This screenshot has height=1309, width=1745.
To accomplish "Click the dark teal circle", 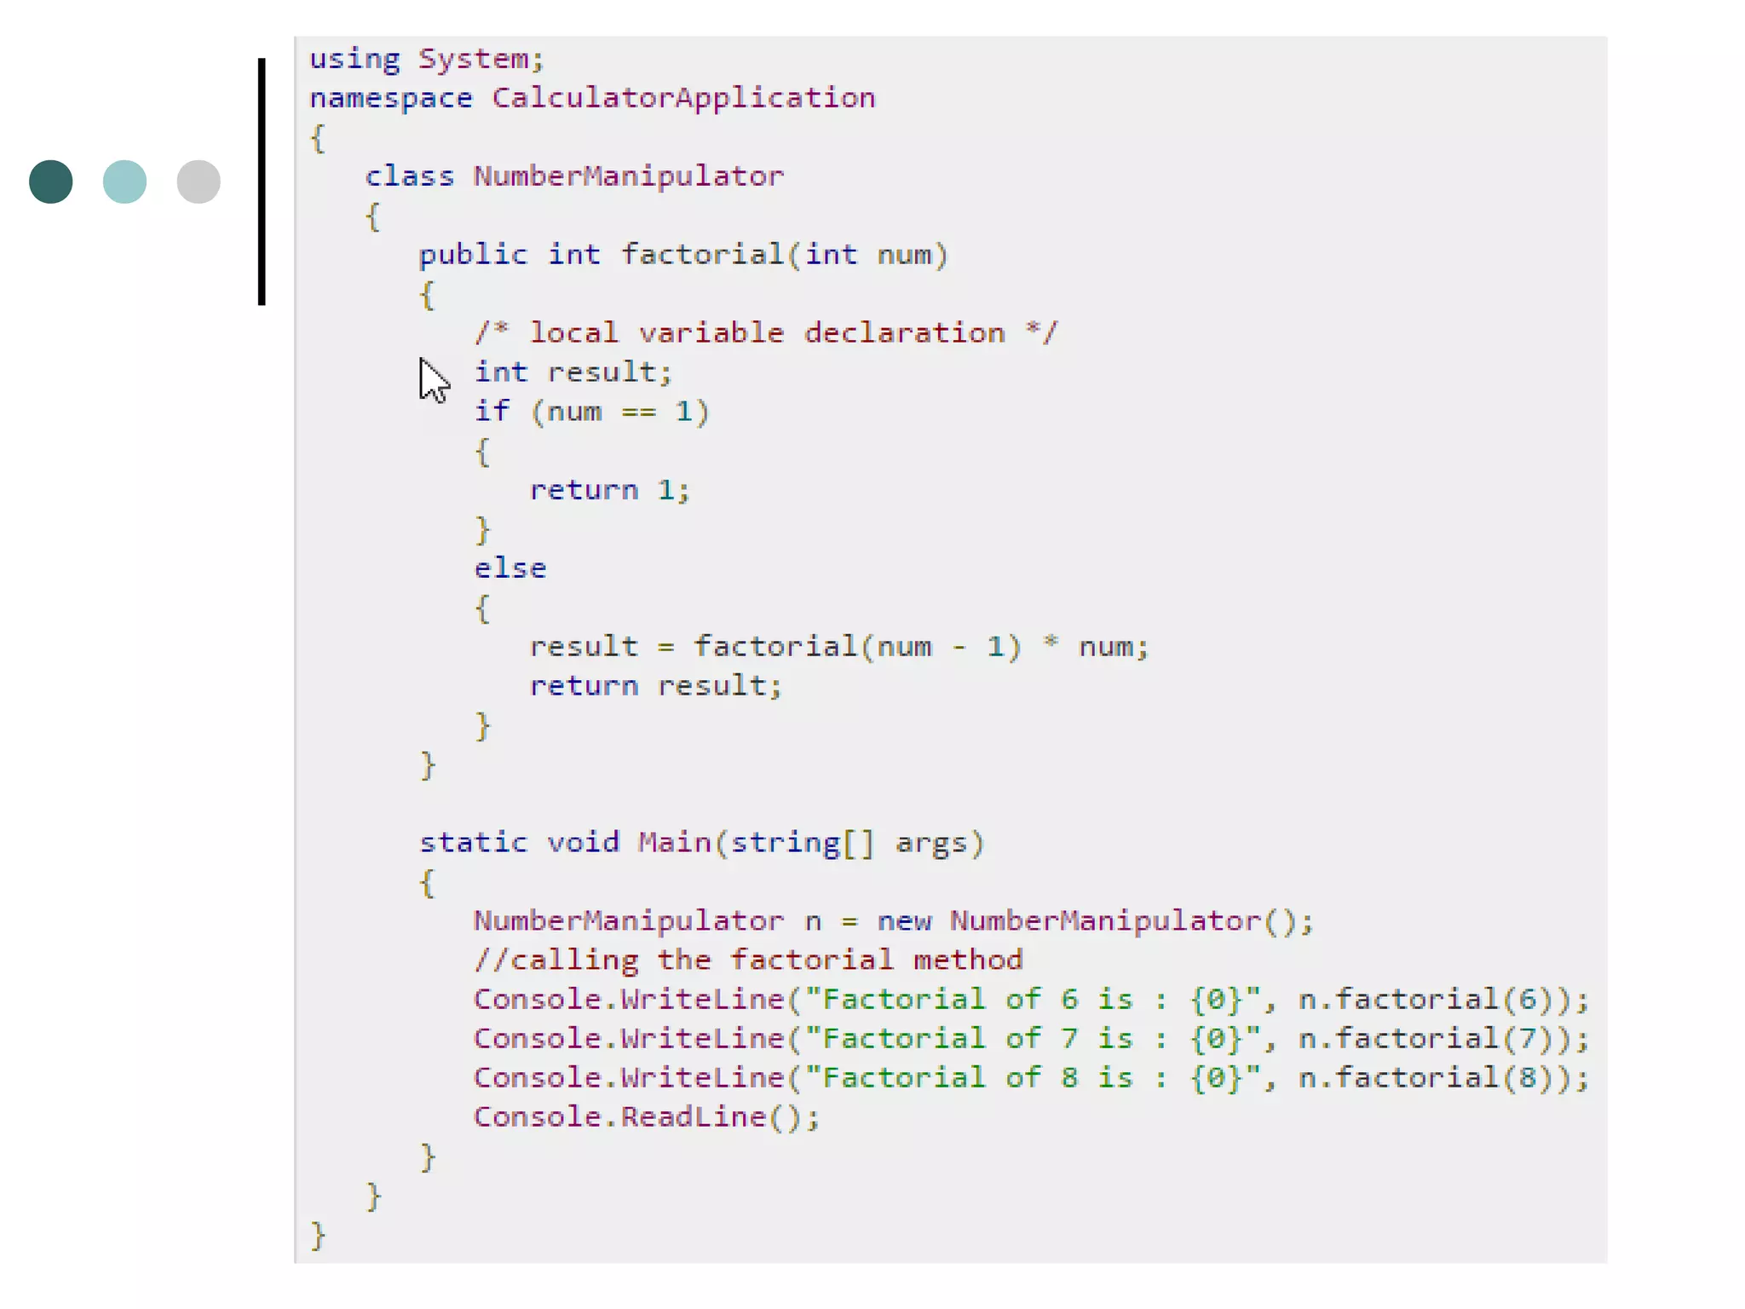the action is click(x=51, y=182).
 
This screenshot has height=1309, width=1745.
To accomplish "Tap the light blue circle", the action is click(x=124, y=182).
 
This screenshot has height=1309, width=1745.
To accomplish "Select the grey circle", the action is click(x=199, y=182).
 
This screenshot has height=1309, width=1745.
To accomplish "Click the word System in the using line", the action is click(x=480, y=59).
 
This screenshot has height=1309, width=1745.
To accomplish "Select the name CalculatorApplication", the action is click(x=683, y=98).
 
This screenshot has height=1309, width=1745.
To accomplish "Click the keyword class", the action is click(x=410, y=176).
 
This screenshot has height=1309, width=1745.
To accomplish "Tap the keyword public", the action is click(x=473, y=255).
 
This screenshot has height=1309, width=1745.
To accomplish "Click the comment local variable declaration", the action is click(x=766, y=332).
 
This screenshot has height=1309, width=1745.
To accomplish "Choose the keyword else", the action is click(x=510, y=568).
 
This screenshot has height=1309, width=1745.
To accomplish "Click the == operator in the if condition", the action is click(x=638, y=412).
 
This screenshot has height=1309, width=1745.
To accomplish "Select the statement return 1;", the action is click(x=609, y=490).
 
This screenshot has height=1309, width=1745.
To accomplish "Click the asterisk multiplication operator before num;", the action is click(x=1051, y=643).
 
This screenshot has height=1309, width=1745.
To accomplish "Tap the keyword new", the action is click(x=904, y=921).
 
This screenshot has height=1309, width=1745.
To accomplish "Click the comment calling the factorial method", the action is click(x=748, y=960).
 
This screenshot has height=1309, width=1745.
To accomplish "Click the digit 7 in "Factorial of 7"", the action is click(x=1069, y=1039).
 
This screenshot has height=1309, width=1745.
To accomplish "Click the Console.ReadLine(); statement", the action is click(x=646, y=1117).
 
